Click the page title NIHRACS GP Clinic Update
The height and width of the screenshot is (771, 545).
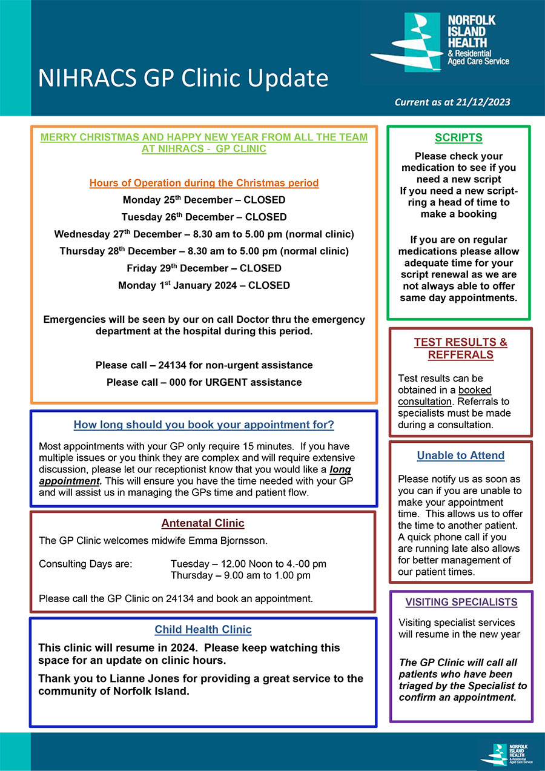pyautogui.click(x=183, y=79)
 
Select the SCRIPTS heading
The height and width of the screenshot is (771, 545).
pyautogui.click(x=458, y=138)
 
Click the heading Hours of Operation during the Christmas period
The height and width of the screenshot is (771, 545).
pyautogui.click(x=203, y=182)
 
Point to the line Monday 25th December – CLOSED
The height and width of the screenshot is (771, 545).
pyautogui.click(x=203, y=200)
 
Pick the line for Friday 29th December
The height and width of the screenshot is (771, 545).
pyautogui.click(x=203, y=268)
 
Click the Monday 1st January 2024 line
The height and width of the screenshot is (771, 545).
pyautogui.click(x=203, y=285)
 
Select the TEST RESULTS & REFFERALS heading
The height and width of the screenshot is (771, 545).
pyautogui.click(x=460, y=348)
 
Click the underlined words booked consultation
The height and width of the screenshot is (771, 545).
pyautogui.click(x=444, y=395)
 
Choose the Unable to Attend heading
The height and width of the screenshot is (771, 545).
pyautogui.click(x=460, y=455)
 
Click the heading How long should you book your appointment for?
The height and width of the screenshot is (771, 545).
pyautogui.click(x=203, y=425)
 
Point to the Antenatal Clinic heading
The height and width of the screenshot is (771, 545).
pyautogui.click(x=202, y=523)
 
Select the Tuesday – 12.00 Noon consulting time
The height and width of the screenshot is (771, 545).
pyautogui.click(x=248, y=564)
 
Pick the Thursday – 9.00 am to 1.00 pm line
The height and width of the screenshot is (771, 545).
pyautogui.click(x=240, y=575)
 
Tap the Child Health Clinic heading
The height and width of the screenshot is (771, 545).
pyautogui.click(x=203, y=630)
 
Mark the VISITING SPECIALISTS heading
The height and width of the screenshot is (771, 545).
pyautogui.click(x=461, y=602)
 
